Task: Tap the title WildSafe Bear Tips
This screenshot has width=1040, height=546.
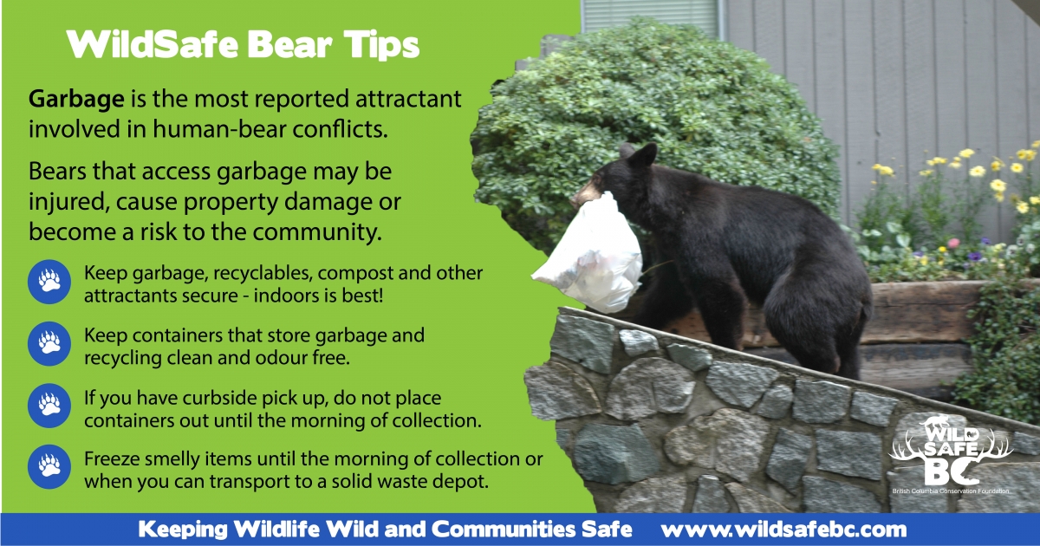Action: pos(243,45)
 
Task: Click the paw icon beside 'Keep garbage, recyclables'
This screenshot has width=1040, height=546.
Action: pos(49,282)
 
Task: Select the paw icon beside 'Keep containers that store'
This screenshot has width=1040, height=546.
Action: pos(49,344)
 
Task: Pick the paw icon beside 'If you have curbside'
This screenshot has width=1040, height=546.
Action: pos(49,406)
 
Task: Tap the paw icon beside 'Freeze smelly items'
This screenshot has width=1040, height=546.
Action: pos(49,467)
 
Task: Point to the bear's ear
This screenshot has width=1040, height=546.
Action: pos(646,154)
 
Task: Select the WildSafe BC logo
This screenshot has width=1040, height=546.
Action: pos(951,454)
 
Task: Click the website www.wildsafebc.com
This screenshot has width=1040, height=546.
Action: pos(783,530)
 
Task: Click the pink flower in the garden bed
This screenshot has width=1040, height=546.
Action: pos(953,243)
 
